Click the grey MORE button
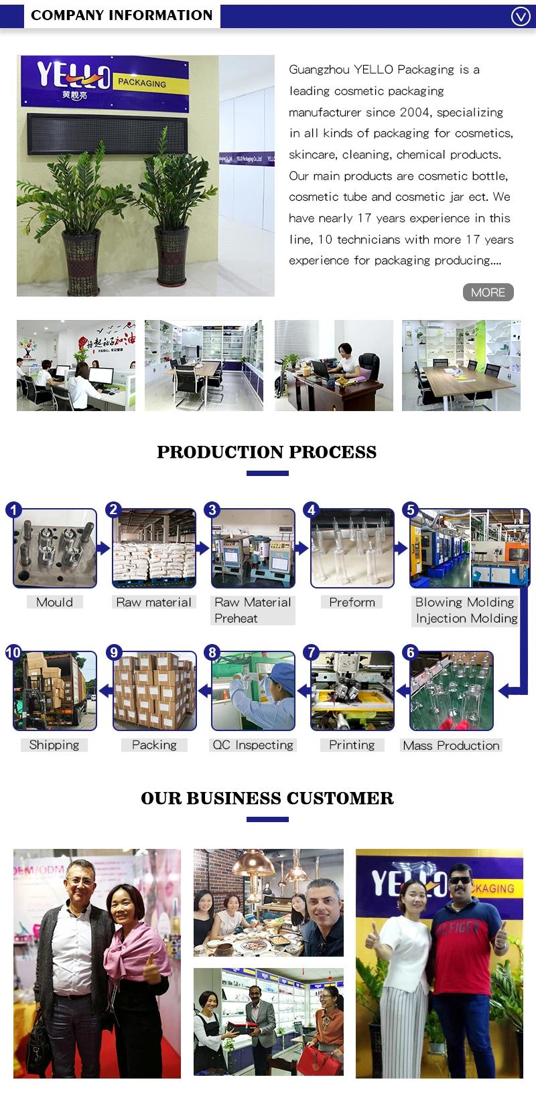[488, 292]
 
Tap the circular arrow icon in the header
[521, 16]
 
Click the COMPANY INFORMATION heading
[121, 15]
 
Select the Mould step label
[55, 602]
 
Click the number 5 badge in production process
[411, 510]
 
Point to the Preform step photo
[352, 548]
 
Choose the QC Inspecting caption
[253, 744]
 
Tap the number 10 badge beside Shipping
[13, 653]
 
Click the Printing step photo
[352, 690]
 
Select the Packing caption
[154, 744]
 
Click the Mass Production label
[451, 745]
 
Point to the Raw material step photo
[154, 548]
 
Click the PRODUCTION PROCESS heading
[267, 452]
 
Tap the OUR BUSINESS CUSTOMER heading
[267, 798]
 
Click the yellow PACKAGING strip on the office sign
[142, 83]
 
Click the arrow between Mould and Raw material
[104, 548]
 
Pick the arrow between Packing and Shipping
[104, 690]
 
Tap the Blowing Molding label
[464, 602]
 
